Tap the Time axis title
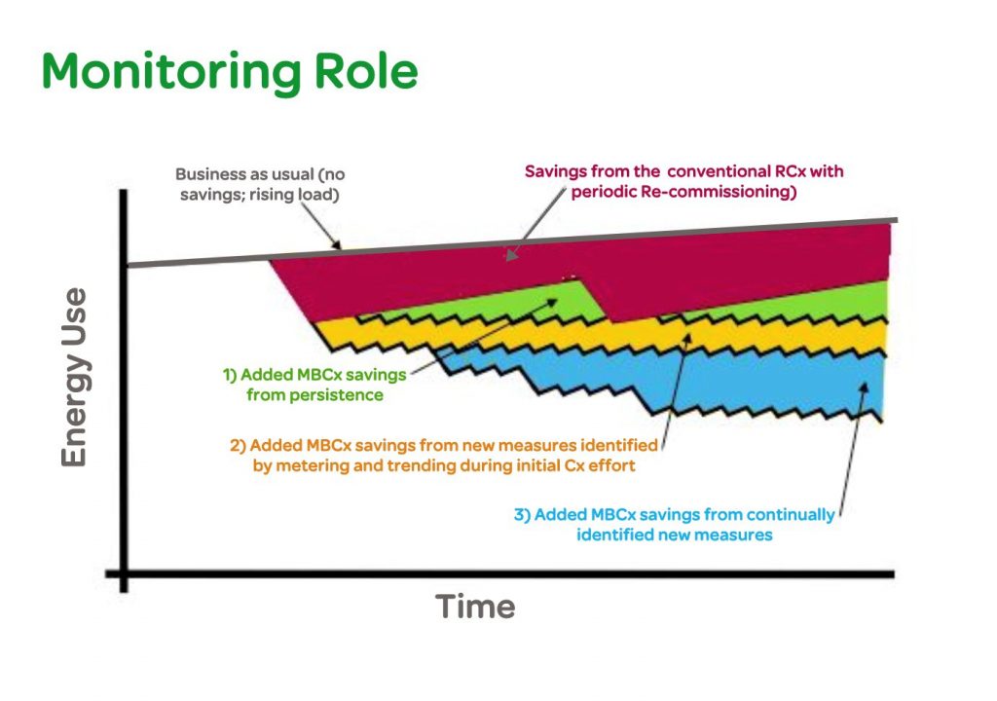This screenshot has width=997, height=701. click(475, 607)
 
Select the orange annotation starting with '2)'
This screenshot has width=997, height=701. click(444, 455)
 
